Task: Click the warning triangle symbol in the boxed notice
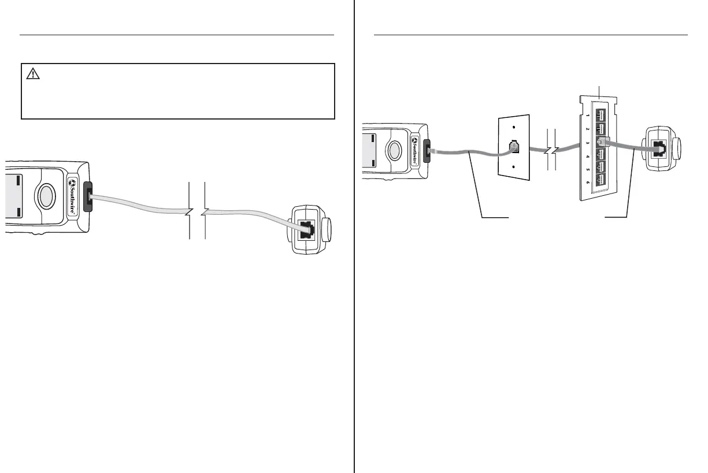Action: coord(32,73)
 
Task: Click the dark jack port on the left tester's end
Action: coord(88,197)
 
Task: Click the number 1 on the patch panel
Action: coord(588,115)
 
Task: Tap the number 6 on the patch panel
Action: coord(588,182)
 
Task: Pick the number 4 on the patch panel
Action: coord(588,155)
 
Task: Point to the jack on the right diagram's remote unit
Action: coord(658,149)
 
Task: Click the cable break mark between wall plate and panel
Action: coord(551,151)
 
